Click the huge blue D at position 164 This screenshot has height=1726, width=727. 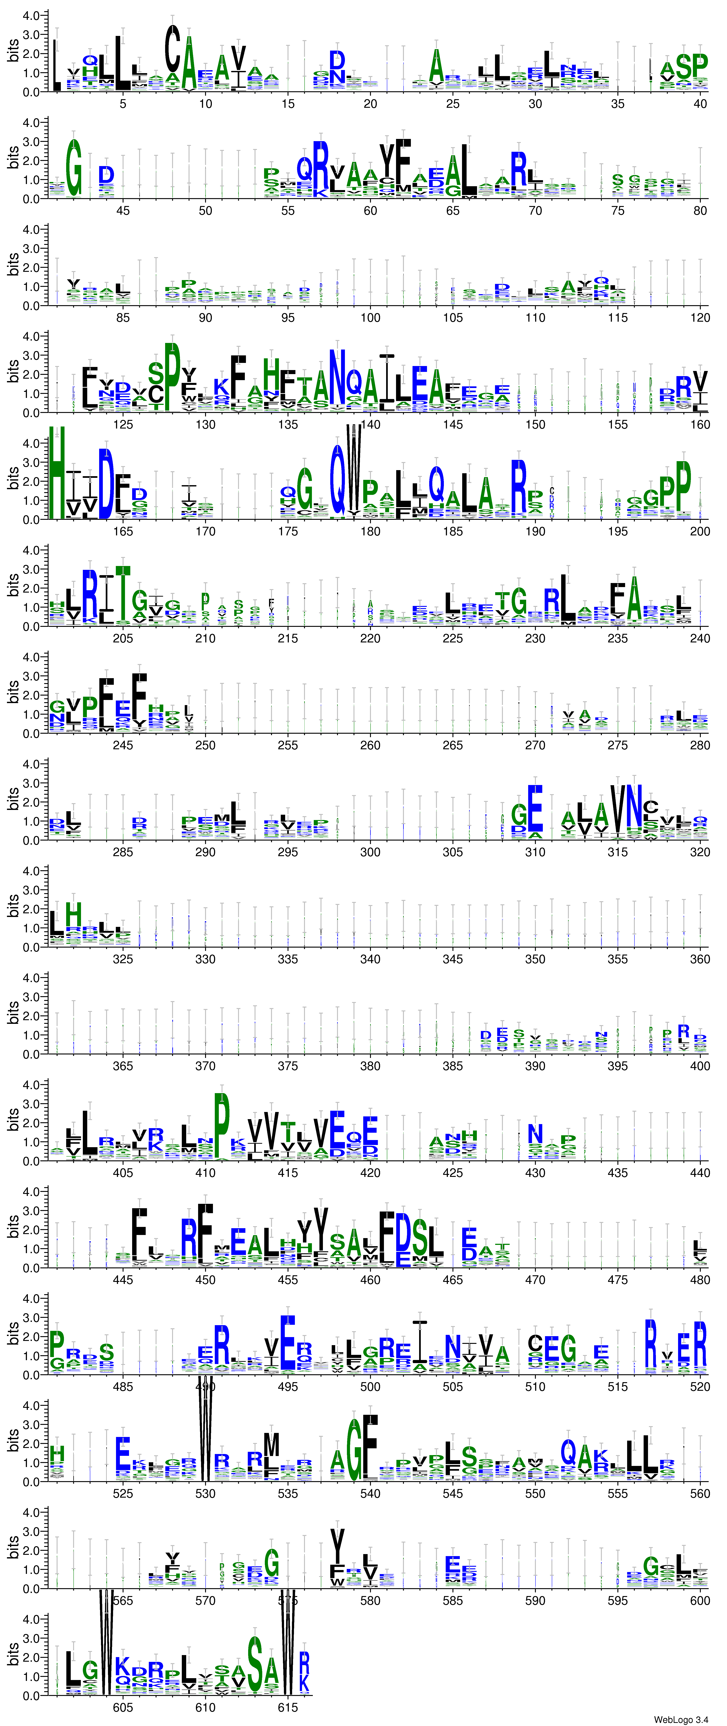[x=106, y=484]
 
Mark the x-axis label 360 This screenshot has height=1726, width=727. [x=700, y=959]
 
